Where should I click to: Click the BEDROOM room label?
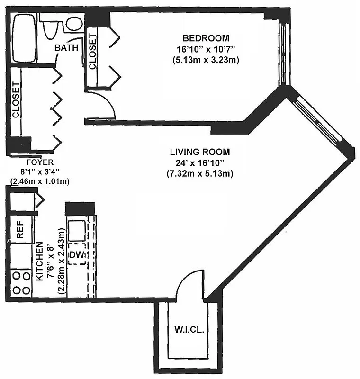[206, 38]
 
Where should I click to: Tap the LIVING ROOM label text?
[199, 152]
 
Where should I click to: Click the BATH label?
[65, 48]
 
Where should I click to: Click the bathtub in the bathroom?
[26, 38]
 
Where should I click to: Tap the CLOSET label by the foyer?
[16, 100]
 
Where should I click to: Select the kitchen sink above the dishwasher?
[76, 231]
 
